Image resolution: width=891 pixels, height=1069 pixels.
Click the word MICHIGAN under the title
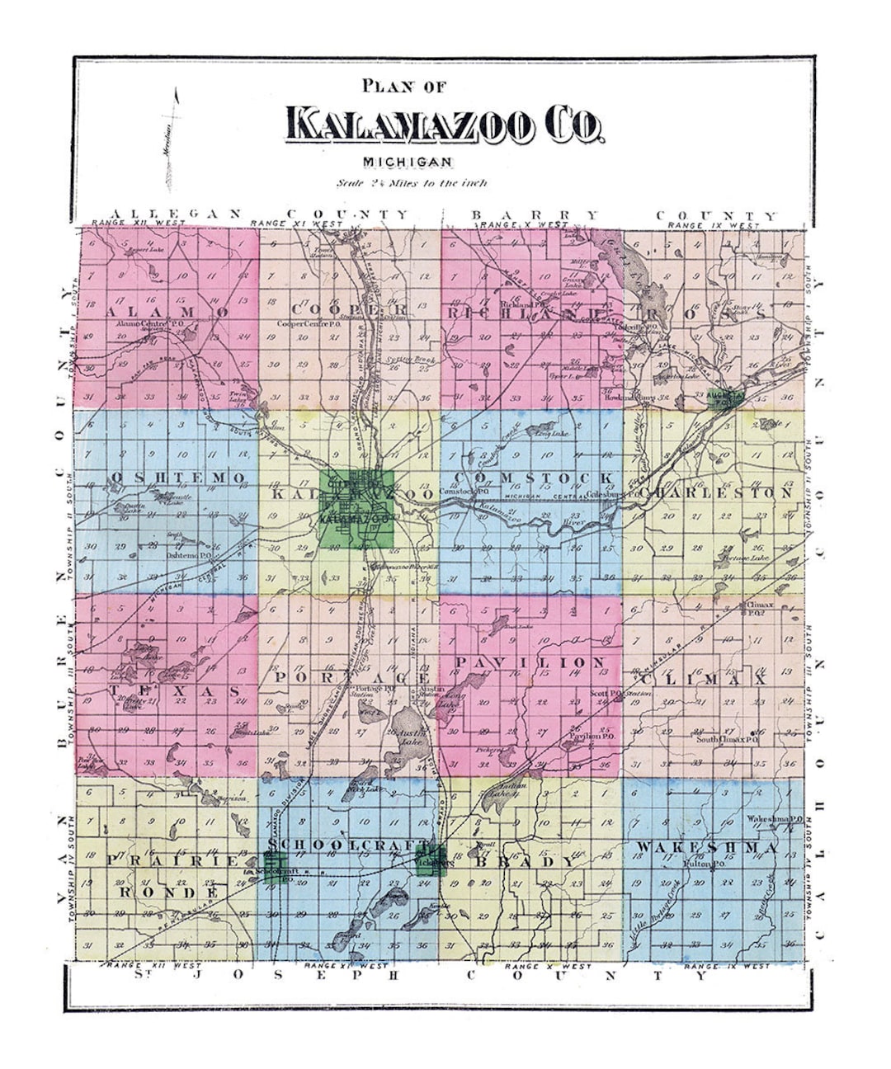coord(407,162)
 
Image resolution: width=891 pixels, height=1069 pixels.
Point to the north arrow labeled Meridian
coord(172,136)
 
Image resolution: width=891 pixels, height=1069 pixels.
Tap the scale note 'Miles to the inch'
coord(412,183)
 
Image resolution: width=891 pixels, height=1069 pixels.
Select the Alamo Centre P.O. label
coord(149,324)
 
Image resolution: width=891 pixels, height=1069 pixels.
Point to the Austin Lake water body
coord(410,737)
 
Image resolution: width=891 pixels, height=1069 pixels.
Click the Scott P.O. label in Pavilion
coord(606,694)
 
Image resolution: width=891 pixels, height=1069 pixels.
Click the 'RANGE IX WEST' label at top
coord(714,225)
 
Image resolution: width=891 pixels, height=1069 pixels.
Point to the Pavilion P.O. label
coord(584,735)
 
